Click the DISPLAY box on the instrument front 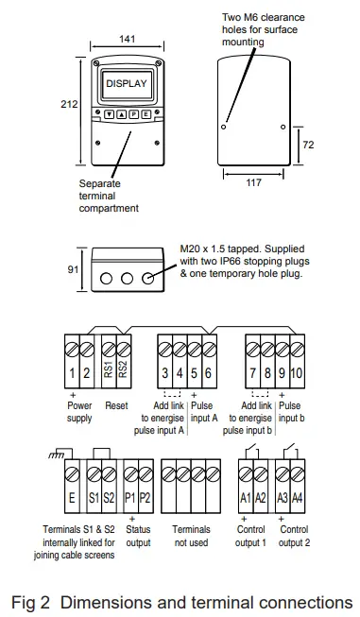coord(126,84)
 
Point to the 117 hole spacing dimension coord(252,182)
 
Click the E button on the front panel coord(146,113)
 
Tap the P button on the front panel coord(133,113)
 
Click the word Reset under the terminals coord(117,405)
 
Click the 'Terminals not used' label coord(190,536)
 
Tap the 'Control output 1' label coord(250,536)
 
